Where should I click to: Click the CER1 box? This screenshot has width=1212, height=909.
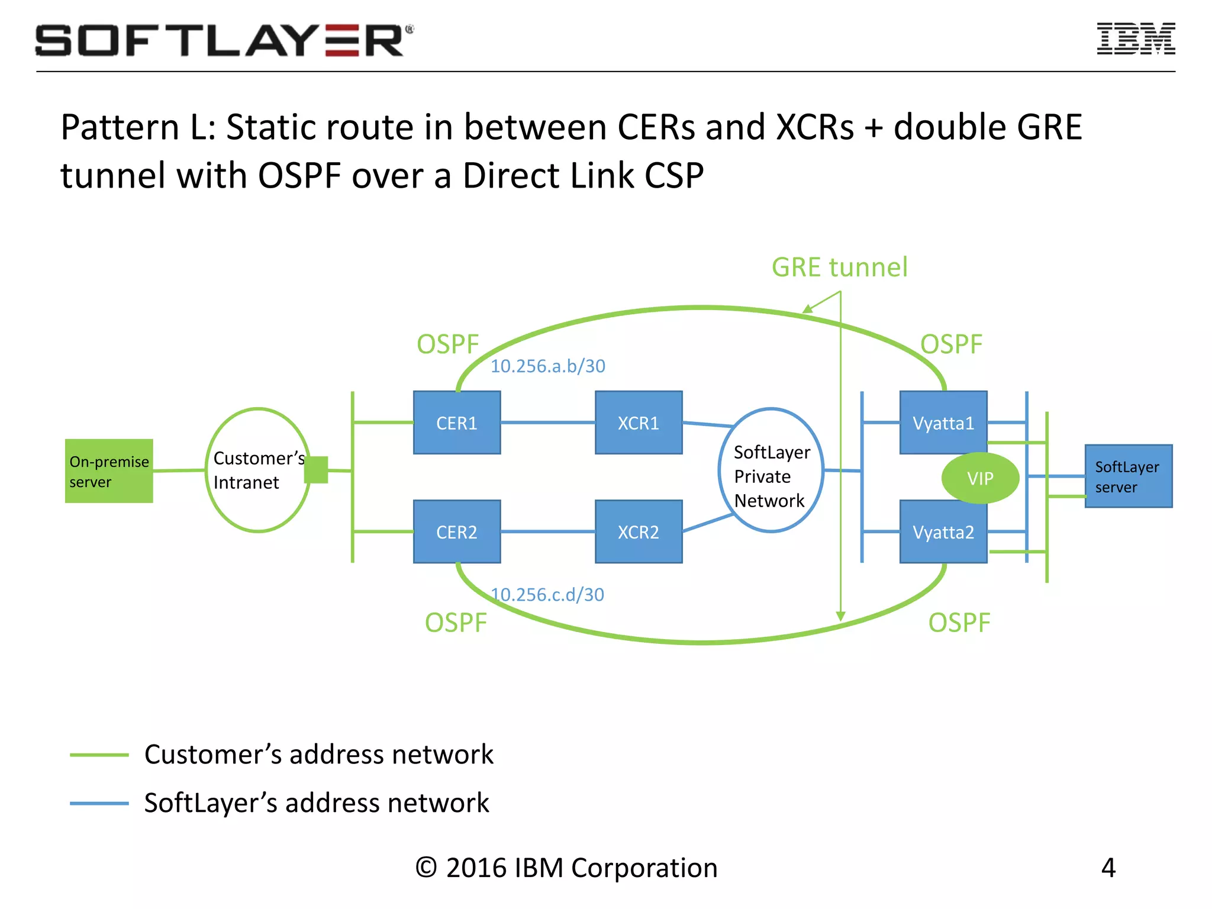pos(456,423)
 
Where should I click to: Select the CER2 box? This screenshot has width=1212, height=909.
pos(456,531)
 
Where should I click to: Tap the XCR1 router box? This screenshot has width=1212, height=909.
pos(638,423)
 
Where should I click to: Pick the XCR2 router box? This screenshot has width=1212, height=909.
pos(638,531)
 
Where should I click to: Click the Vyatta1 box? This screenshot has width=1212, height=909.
pos(943,423)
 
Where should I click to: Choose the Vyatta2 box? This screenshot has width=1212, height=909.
pos(943,531)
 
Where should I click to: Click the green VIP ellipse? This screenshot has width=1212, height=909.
pos(980,478)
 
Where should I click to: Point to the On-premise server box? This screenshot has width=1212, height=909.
pos(109,471)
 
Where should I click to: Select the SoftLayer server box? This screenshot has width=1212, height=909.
pos(1128,476)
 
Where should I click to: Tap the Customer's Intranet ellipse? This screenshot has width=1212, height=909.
pos(258,470)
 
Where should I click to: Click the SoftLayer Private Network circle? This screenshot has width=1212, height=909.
pos(771,470)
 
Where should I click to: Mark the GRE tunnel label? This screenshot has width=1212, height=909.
pos(839,267)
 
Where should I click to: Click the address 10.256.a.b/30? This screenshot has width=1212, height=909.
pos(547,366)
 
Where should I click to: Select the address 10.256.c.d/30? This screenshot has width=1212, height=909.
pos(547,595)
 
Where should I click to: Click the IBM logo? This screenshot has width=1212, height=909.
pos(1136,39)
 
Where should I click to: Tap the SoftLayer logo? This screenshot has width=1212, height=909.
pos(224,40)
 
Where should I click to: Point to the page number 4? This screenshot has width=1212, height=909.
pos(1108,868)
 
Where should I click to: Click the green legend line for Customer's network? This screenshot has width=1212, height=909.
pos(99,755)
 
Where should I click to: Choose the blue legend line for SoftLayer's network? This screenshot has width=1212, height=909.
pos(99,803)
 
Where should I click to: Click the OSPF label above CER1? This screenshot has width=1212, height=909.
pos(447,344)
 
